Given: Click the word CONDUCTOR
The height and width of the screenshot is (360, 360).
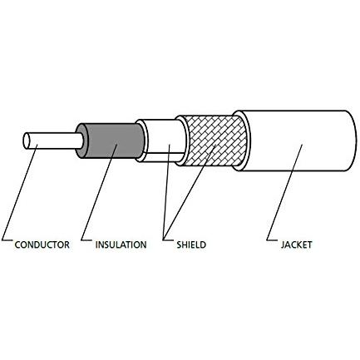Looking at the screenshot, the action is pyautogui.click(x=42, y=244).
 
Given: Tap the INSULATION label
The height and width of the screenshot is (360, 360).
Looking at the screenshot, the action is pyautogui.click(x=121, y=244).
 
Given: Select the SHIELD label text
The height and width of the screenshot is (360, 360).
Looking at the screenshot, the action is pyautogui.click(x=191, y=244).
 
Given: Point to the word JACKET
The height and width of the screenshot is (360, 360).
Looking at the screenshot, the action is pyautogui.click(x=296, y=244).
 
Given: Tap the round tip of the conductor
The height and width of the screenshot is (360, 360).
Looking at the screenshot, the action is pyautogui.click(x=27, y=141).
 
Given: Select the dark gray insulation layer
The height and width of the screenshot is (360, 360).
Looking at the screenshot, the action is pyautogui.click(x=114, y=141).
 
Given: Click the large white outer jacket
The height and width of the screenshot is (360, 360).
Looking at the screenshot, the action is pyautogui.click(x=298, y=141).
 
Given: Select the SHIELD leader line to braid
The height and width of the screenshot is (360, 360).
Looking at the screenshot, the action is pyautogui.click(x=190, y=192).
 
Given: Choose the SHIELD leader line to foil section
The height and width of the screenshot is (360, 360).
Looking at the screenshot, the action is pyautogui.click(x=166, y=192).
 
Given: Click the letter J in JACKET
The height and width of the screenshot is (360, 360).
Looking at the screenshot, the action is pyautogui.click(x=283, y=244).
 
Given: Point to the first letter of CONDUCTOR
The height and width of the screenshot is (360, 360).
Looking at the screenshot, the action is pyautogui.click(x=17, y=244).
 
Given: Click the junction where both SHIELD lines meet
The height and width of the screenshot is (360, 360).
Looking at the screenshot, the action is pyautogui.click(x=164, y=239).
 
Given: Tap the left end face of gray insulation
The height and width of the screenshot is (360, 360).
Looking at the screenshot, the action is pyautogui.click(x=81, y=141).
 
